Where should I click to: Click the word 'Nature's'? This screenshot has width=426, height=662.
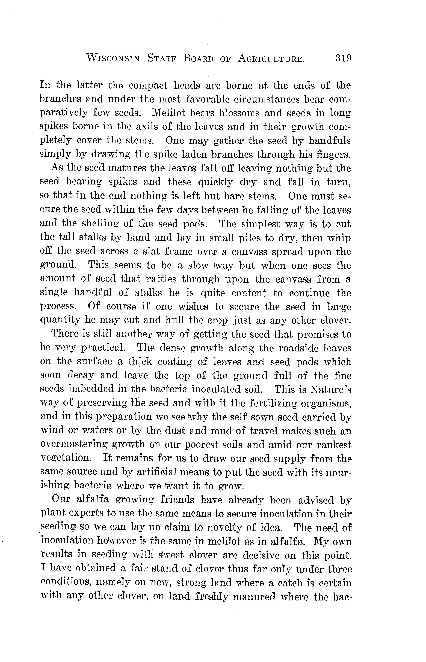(331, 389)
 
